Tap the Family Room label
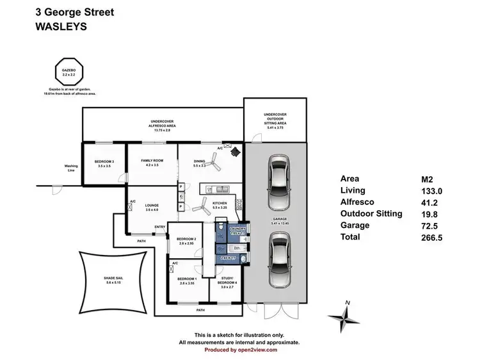(152, 162)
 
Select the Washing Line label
(71, 168)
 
